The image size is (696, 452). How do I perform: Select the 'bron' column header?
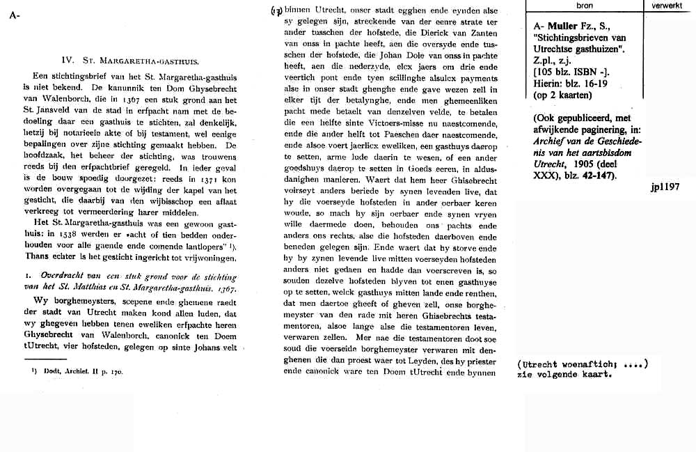585,5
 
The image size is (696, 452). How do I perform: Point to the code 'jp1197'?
666,187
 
